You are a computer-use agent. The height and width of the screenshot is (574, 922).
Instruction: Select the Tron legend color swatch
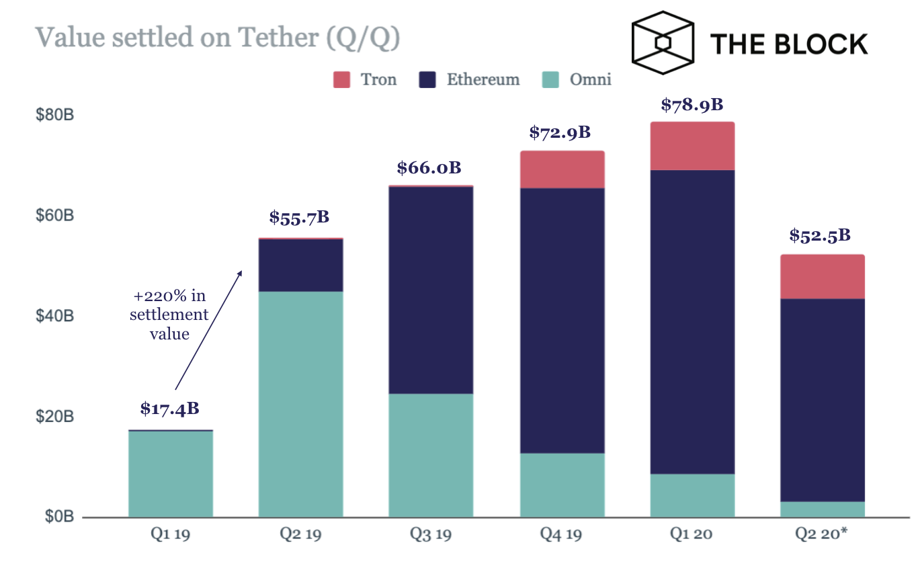pos(342,80)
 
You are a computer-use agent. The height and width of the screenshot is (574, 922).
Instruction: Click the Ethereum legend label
pos(483,80)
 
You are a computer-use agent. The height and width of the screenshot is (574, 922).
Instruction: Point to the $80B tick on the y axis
pos(54,115)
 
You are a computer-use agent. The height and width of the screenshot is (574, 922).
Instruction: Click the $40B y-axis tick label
pos(54,316)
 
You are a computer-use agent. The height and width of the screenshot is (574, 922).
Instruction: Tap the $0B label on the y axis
pos(58,516)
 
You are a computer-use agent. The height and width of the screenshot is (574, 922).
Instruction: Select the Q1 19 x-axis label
pos(170,535)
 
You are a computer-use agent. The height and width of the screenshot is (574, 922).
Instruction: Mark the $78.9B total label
pos(691,105)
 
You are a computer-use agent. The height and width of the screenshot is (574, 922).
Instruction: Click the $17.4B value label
pos(170,409)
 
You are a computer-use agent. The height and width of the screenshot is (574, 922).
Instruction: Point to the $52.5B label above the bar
pos(821,236)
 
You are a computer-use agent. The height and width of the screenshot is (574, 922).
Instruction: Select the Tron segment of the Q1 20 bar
pos(691,146)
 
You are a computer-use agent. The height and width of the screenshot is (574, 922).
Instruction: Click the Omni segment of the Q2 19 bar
pos(300,403)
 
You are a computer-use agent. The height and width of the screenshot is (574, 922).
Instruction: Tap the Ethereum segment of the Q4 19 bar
pos(562,321)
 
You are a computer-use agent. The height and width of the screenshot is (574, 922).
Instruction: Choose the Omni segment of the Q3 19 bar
pos(431,455)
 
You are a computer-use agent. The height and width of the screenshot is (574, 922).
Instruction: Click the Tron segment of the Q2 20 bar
pos(822,277)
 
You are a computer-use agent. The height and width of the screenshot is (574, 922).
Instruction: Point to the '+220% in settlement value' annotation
pos(169,315)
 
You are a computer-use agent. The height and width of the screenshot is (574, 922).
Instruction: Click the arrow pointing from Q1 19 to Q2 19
pos(208,329)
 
